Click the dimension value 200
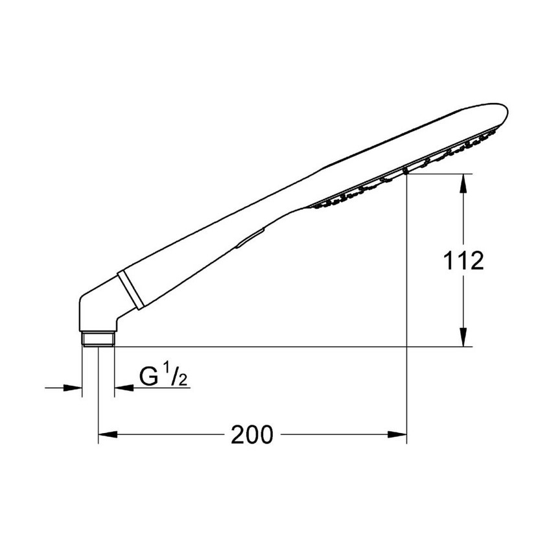click(x=252, y=435)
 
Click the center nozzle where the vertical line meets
click(x=406, y=170)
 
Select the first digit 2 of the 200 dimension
click(x=238, y=435)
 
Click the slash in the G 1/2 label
click(x=175, y=377)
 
